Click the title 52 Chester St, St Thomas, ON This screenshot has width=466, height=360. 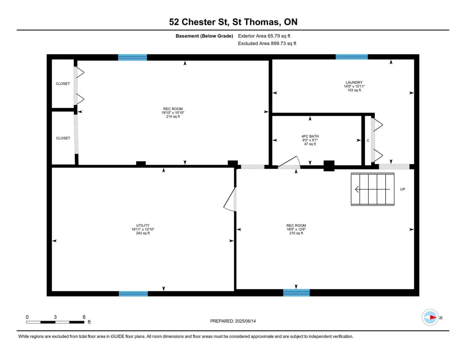(233, 22)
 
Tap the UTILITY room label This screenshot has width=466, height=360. (143, 225)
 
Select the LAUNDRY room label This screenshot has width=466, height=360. (354, 82)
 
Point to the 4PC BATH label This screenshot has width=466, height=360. (310, 136)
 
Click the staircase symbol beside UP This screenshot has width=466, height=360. (372, 189)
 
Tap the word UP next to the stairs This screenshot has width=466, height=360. (403, 189)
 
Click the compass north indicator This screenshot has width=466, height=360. (430, 317)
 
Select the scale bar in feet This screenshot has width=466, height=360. (55, 322)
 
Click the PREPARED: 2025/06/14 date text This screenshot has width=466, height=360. (233, 321)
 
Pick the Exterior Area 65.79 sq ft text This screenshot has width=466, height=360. (264, 36)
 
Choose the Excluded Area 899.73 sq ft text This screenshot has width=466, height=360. (267, 43)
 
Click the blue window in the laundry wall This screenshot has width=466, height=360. (352, 57)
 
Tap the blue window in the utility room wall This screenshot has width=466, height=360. (133, 294)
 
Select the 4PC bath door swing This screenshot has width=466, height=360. (289, 162)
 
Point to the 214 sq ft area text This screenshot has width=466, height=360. (173, 117)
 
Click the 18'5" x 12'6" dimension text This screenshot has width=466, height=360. (296, 229)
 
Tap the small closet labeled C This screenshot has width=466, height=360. (368, 141)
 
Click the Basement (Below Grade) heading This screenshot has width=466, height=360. (204, 36)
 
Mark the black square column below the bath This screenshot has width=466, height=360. (329, 166)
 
